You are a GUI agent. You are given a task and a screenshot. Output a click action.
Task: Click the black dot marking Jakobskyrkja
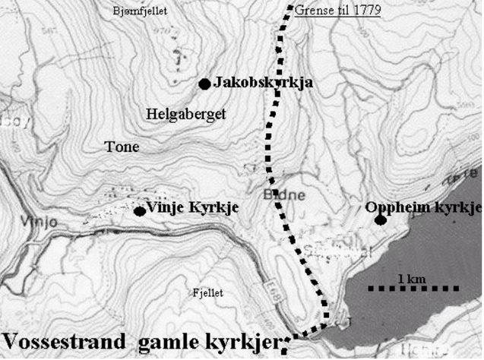(x=204, y=84)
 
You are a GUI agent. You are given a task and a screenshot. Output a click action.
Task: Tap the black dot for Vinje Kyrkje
(x=140, y=211)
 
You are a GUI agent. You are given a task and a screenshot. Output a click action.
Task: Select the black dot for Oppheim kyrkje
(x=379, y=220)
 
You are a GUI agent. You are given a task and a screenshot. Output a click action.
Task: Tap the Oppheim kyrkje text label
(x=423, y=207)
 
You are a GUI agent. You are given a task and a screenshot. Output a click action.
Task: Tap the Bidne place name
(x=292, y=194)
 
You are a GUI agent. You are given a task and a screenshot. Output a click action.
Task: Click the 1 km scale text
(x=410, y=279)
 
